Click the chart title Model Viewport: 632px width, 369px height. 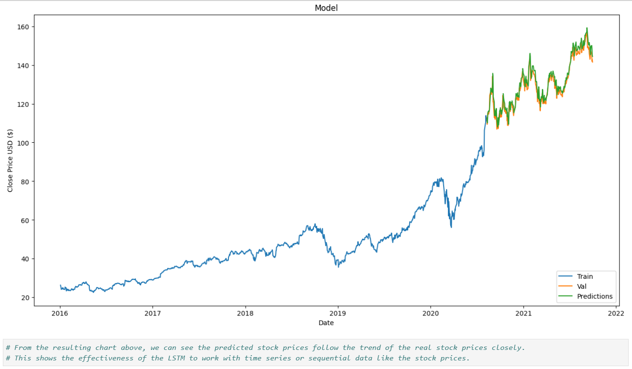point(326,8)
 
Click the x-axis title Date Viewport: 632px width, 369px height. point(326,323)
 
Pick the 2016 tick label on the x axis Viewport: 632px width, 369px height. point(60,314)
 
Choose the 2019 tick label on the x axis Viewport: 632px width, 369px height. point(338,314)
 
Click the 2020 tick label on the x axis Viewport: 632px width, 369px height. point(430,314)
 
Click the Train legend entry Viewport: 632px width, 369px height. point(585,276)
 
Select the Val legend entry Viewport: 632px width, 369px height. point(582,286)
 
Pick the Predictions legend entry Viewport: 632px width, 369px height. point(595,296)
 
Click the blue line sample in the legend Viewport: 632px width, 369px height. point(566,276)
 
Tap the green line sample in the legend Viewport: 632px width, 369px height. point(566,296)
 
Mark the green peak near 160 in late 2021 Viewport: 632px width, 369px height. point(587,28)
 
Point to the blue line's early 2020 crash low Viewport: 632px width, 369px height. point(451,227)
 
